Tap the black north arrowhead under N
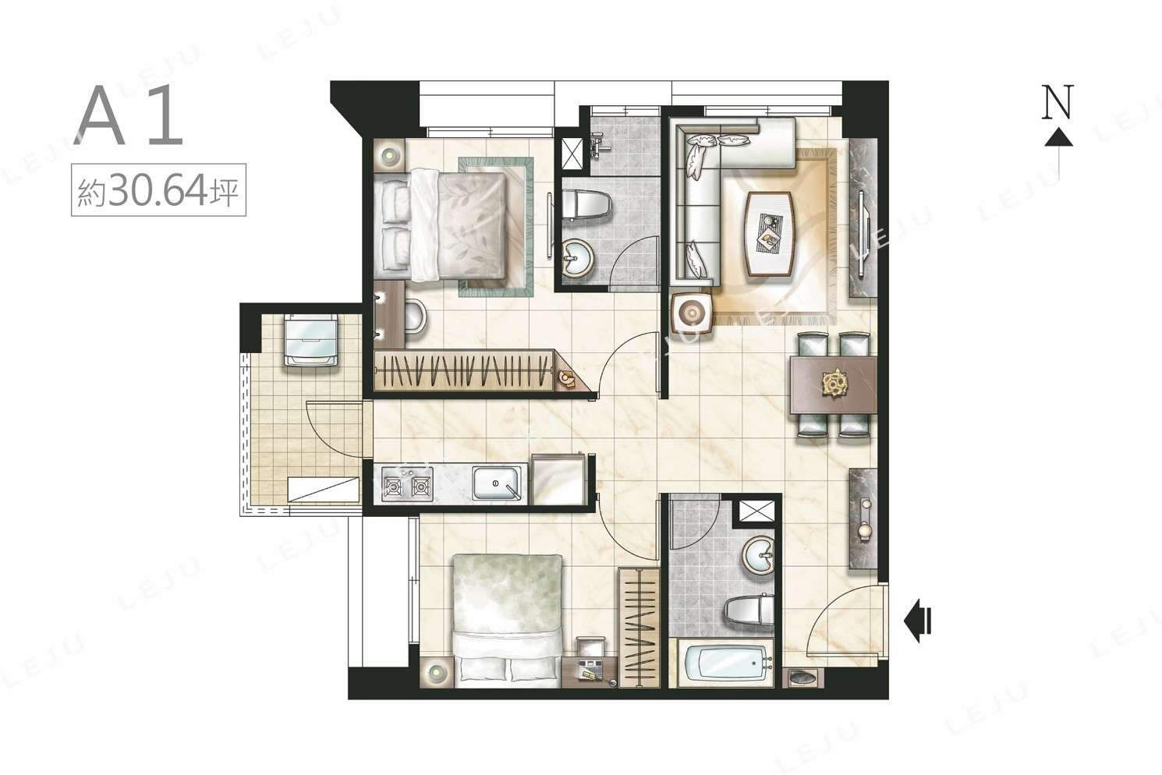1059,137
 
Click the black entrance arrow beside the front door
918,621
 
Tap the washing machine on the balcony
310,340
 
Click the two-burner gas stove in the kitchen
407,484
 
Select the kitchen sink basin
497,484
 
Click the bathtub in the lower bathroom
725,664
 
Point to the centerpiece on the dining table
835,384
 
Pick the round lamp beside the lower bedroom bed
435,672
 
